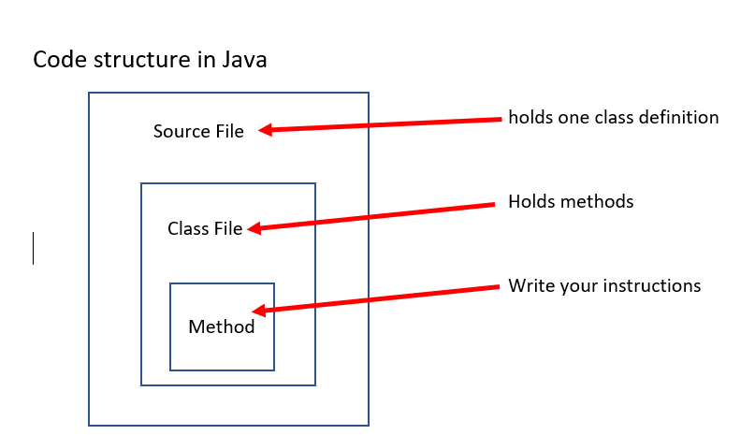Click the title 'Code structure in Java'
pos(150,60)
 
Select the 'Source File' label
pos(198,132)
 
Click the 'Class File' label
pos(205,228)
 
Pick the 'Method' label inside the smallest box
pos(222,327)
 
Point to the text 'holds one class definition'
pos(613,118)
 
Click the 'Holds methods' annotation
pos(571,202)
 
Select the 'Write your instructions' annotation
pos(604,286)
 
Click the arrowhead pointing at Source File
pos(265,131)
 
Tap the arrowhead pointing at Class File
pos(254,227)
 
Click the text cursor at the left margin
pos(34,248)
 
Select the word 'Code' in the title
pos(55,60)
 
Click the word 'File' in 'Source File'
pos(229,132)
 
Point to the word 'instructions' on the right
pos(657,286)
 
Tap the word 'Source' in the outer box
pos(181,132)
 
